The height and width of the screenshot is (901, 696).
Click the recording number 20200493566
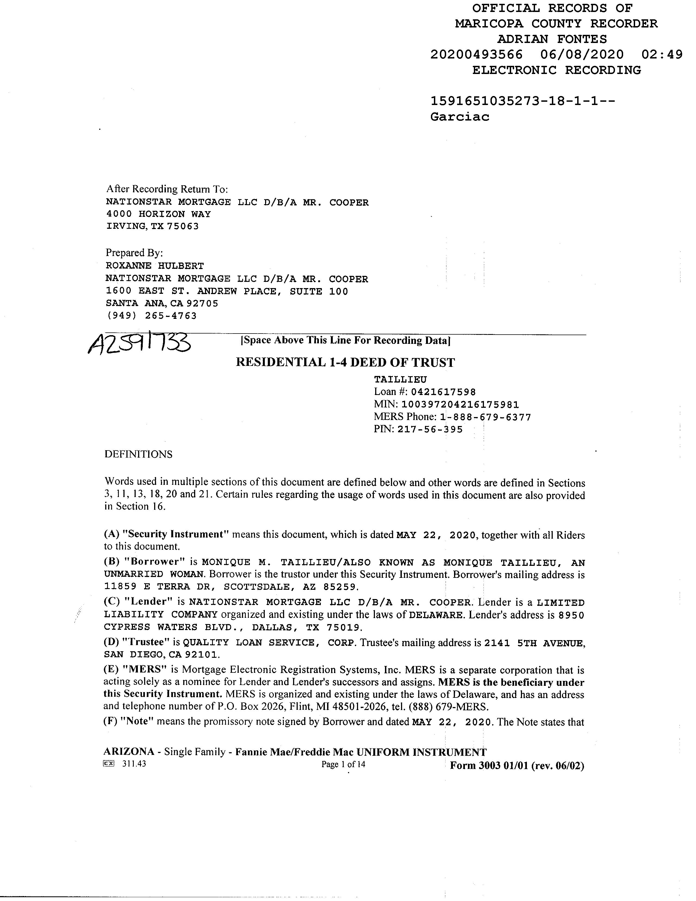[x=476, y=54]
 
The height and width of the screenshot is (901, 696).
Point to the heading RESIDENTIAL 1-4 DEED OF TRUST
[x=345, y=363]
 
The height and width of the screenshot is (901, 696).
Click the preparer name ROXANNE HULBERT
[x=155, y=266]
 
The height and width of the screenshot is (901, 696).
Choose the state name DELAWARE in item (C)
[x=436, y=615]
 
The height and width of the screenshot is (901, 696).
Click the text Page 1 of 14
[x=343, y=764]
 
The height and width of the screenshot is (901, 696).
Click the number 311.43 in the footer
[x=134, y=764]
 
